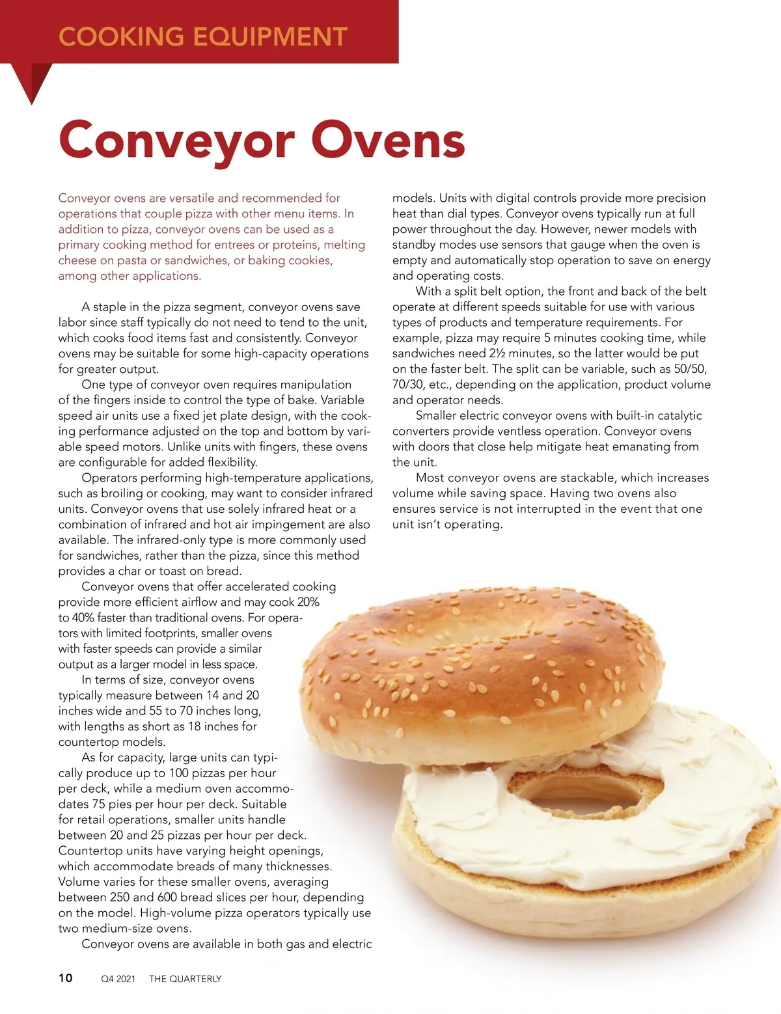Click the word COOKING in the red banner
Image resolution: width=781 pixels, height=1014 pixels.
tap(121, 36)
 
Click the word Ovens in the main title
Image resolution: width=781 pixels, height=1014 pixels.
tap(389, 140)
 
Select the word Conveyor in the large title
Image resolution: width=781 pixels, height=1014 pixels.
tap(176, 140)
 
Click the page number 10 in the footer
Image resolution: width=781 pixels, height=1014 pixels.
tap(66, 978)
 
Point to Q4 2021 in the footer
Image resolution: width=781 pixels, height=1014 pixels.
tap(118, 979)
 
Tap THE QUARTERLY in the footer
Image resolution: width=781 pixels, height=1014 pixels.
tap(185, 979)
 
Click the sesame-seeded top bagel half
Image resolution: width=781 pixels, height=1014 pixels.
tap(482, 677)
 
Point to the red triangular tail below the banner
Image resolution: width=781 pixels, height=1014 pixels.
tap(33, 81)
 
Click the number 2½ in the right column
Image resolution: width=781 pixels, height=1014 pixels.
tap(496, 353)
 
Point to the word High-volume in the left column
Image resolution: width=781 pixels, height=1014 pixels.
tap(173, 913)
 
